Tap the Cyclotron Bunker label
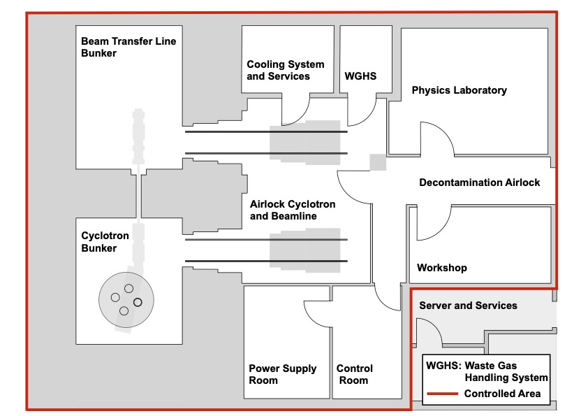click(x=105, y=241)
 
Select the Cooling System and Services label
click(x=286, y=70)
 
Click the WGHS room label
click(x=360, y=76)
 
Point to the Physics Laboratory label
click(x=459, y=90)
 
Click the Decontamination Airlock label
click(x=479, y=182)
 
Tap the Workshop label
click(x=441, y=268)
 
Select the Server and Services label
click(x=468, y=306)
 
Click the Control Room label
click(x=354, y=374)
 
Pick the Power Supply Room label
click(x=283, y=374)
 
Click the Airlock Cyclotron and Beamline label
click(x=293, y=210)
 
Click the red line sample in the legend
click(x=441, y=394)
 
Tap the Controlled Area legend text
click(x=502, y=394)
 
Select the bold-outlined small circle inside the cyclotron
click(x=138, y=302)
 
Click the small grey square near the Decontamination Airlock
click(x=377, y=162)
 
